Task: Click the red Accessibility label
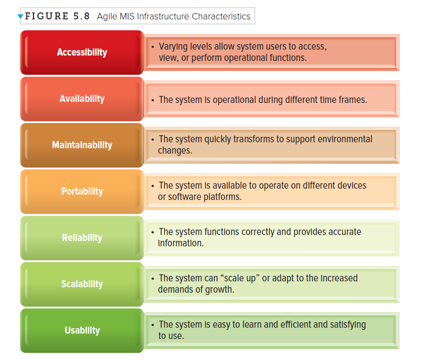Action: tap(82, 52)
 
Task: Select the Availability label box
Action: tap(82, 99)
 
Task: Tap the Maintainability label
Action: tap(82, 145)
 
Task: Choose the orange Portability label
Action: tap(82, 191)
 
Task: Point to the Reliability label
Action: tap(82, 238)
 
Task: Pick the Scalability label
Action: tap(82, 284)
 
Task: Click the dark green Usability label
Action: tap(82, 330)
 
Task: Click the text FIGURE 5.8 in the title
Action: tap(57, 16)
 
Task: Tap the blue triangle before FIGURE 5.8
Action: tap(20, 17)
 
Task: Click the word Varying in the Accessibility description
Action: tap(174, 47)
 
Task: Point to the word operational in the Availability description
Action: tap(239, 100)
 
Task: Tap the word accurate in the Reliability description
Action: tap(343, 232)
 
